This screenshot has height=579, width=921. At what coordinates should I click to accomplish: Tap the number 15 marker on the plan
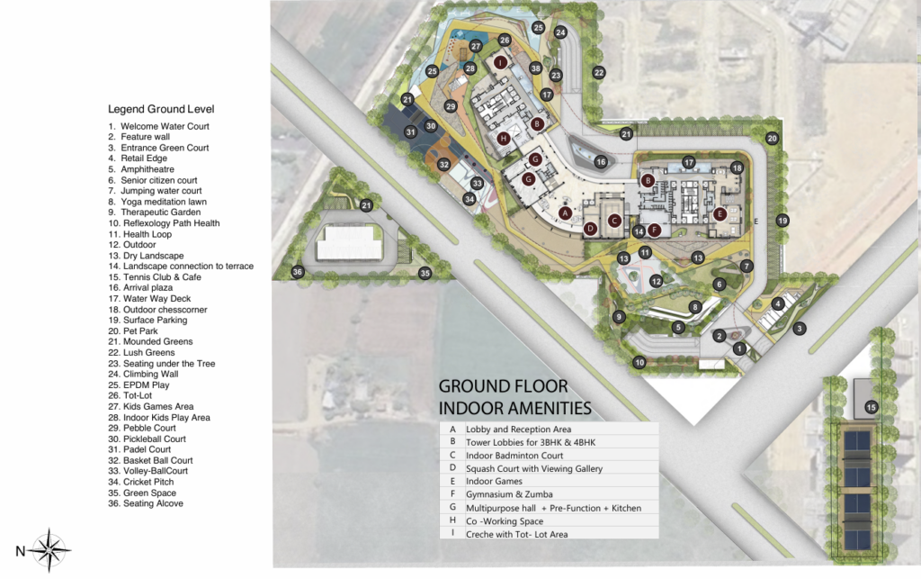(x=871, y=408)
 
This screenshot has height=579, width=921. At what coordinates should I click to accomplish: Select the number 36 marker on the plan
(x=298, y=271)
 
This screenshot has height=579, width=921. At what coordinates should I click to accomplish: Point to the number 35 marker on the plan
(x=425, y=272)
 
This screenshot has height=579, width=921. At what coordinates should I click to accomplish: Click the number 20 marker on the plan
(x=772, y=138)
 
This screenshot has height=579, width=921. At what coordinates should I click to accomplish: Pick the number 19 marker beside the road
(x=782, y=220)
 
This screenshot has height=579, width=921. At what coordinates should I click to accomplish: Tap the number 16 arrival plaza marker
(x=601, y=161)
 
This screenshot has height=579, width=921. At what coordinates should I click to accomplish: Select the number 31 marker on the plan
(x=410, y=132)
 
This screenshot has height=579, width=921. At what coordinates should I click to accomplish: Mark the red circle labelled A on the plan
(x=565, y=213)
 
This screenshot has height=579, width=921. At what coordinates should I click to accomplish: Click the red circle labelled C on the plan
(x=614, y=220)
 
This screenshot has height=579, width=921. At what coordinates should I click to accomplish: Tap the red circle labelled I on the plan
(x=500, y=62)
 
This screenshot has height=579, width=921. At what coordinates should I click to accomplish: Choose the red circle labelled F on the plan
(x=655, y=230)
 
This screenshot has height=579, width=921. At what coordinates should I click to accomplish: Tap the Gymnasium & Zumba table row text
(x=508, y=494)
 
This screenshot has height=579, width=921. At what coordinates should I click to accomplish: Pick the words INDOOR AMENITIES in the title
(x=515, y=407)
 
